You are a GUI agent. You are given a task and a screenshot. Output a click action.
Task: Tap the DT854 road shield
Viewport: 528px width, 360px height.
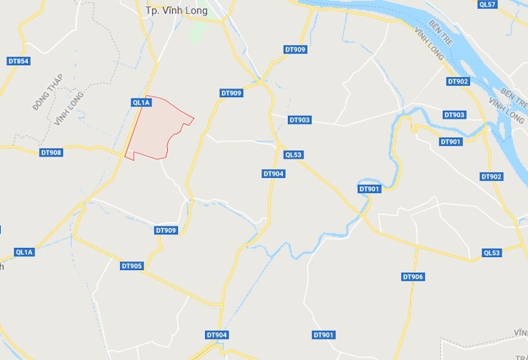pyautogui.click(x=19, y=61)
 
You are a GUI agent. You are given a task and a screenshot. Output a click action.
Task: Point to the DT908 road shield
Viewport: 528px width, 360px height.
pyautogui.click(x=51, y=152)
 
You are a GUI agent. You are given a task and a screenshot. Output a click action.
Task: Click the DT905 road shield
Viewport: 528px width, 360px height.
pyautogui.click(x=132, y=266)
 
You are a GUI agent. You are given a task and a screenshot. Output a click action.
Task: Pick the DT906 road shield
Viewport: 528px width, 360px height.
pyautogui.click(x=413, y=276)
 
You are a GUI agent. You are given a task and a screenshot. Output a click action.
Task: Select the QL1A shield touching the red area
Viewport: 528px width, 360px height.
pyautogui.click(x=141, y=103)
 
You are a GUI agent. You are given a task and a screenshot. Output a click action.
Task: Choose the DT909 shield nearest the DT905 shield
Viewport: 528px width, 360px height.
pyautogui.click(x=166, y=230)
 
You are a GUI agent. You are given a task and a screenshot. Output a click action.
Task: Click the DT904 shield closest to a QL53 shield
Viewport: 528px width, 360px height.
pyautogui.click(x=274, y=174)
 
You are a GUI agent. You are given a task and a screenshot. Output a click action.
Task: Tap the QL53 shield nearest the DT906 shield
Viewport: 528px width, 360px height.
pyautogui.click(x=492, y=252)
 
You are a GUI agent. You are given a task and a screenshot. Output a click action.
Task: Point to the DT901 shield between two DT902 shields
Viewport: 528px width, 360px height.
pyautogui.click(x=451, y=142)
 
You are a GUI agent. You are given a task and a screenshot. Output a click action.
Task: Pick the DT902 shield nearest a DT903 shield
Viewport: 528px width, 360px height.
pyautogui.click(x=458, y=81)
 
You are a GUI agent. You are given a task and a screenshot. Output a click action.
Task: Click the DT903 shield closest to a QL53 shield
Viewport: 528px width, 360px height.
pyautogui.click(x=299, y=120)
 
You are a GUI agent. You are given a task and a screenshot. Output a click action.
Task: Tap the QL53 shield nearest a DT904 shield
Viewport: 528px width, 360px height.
pyautogui.click(x=294, y=154)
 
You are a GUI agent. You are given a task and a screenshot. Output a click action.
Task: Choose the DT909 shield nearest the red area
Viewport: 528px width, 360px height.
pyautogui.click(x=231, y=93)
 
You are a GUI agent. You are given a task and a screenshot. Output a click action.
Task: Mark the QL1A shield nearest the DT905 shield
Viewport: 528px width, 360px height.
pyautogui.click(x=24, y=252)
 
